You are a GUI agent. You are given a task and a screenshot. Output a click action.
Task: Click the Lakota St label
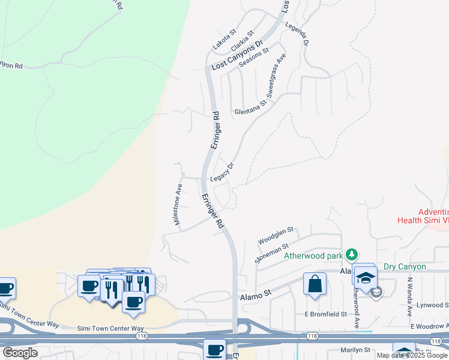tap(225, 40)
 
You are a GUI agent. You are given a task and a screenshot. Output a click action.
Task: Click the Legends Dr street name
tap(297, 34)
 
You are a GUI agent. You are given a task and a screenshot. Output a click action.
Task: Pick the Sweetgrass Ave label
tap(277, 77)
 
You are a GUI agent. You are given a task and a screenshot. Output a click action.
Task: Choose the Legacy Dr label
tap(221, 173)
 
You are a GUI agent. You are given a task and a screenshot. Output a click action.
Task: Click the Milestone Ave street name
tap(178, 203)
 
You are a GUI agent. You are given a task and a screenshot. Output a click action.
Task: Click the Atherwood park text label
tap(314, 256)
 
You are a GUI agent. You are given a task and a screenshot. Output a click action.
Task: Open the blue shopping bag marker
tap(315, 284)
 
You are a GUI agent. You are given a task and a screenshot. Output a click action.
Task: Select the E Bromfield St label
tap(325, 314)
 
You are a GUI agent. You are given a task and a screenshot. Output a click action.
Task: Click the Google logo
tap(20, 352)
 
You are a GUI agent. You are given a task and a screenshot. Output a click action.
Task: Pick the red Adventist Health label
tap(423, 216)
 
